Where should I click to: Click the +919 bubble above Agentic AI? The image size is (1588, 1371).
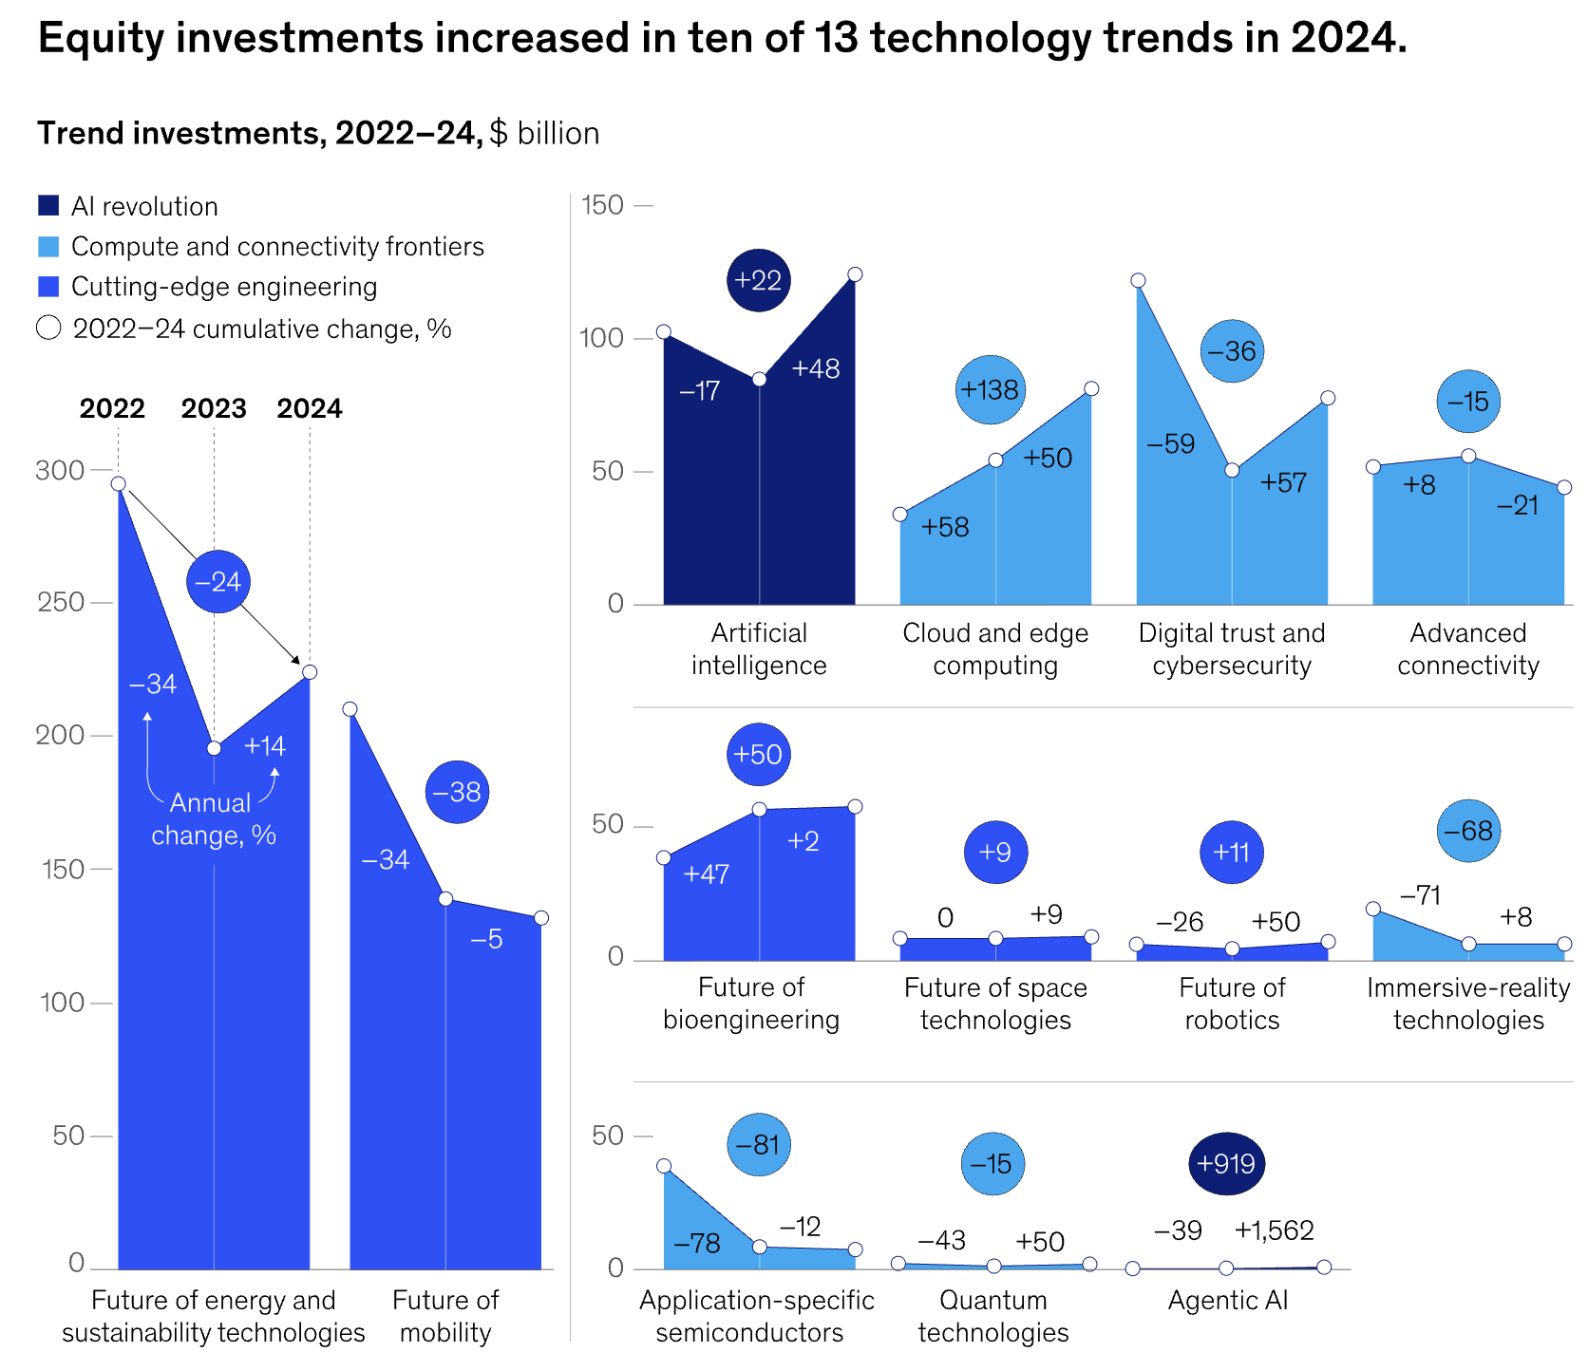coord(1226,1164)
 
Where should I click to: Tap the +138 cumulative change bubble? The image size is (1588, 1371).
coord(990,389)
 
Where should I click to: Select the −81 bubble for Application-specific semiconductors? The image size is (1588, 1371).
coord(758,1144)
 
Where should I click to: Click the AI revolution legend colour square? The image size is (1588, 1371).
coord(48,206)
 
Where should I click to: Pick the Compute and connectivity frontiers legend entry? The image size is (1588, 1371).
coord(277,247)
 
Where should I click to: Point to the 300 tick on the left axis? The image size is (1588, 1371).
coord(60,470)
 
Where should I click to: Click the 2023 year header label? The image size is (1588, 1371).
coord(214,408)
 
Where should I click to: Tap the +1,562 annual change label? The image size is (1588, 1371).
coord(1274,1230)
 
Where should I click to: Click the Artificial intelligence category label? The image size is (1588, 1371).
coord(759,648)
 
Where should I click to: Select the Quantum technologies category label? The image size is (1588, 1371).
coord(993,1316)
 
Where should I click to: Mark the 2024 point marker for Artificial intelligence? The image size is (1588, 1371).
coord(855,274)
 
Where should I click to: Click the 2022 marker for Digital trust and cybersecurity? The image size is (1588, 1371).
coord(1138,280)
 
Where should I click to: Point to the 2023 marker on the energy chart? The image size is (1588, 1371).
coord(214,748)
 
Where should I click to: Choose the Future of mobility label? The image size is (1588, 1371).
coord(445,1316)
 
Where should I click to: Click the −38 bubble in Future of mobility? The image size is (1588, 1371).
coord(457,792)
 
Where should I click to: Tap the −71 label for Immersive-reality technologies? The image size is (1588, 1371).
coord(1421,895)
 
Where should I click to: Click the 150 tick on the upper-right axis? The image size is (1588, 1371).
coord(601,205)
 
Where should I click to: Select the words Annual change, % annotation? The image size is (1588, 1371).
coord(213,818)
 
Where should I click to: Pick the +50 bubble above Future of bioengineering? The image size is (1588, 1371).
coord(758,754)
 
